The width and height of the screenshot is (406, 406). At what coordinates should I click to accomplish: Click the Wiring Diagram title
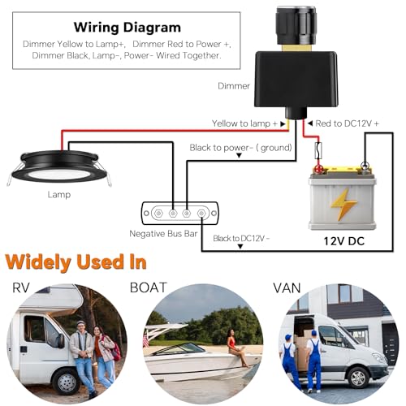pos(127,28)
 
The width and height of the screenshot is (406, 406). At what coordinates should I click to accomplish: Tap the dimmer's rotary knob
pos(296,26)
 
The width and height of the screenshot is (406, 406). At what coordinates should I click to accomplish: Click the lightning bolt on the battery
pos(343,205)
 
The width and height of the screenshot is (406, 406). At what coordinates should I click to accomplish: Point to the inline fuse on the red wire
pos(318,150)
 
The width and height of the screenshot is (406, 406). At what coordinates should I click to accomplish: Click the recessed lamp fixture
pos(59,168)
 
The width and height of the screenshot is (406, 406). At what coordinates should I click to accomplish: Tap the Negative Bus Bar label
pos(163,234)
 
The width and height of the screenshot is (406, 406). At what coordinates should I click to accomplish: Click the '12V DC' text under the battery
pos(344,241)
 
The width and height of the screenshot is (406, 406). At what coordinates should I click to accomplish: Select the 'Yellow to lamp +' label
pos(244,123)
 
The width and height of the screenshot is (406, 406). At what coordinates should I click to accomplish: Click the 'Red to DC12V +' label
pos(348,123)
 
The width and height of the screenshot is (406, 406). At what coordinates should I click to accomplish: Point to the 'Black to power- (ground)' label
pos(241,148)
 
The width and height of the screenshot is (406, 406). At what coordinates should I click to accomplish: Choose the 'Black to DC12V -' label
pos(241,239)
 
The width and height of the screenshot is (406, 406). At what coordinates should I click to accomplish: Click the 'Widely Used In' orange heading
pos(76,262)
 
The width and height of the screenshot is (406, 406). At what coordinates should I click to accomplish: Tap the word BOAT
pos(149,287)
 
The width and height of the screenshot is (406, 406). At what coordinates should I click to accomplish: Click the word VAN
pos(287,288)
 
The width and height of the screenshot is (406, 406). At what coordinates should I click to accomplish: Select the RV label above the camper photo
pos(21,287)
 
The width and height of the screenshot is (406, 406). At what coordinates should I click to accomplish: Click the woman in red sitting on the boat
pos(236,348)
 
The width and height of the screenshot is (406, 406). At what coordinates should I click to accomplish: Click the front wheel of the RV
pos(66,382)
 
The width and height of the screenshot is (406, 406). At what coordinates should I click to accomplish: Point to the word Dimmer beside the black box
pos(234,86)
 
